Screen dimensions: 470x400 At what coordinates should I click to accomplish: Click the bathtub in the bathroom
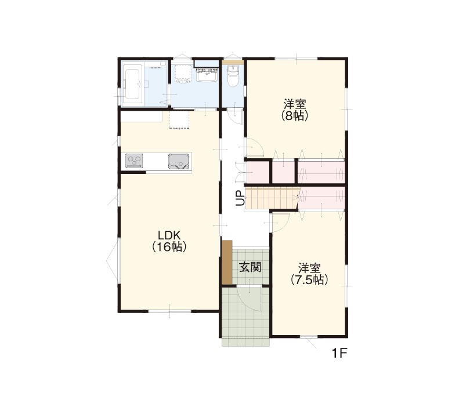pyautogui.click(x=132, y=84)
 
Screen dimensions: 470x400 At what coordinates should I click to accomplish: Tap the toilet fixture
pyautogui.click(x=233, y=77)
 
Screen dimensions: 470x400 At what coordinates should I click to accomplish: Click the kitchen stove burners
pyautogui.click(x=134, y=161)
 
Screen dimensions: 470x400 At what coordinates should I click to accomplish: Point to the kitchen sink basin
pyautogui.click(x=179, y=161)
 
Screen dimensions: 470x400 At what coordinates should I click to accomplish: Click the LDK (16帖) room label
pyautogui.click(x=169, y=241)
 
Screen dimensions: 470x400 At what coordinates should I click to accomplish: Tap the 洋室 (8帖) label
pyautogui.click(x=295, y=110)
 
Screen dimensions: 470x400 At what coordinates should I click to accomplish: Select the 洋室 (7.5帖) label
pyautogui.click(x=309, y=274)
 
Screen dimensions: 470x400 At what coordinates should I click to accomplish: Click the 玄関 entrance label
pyautogui.click(x=250, y=267)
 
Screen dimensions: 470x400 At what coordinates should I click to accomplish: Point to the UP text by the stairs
pyautogui.click(x=240, y=198)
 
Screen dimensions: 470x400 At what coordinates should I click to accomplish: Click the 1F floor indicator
pyautogui.click(x=339, y=353)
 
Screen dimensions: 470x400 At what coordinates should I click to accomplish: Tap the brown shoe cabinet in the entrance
pyautogui.click(x=227, y=262)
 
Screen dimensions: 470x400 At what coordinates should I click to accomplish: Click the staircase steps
pyautogui.click(x=272, y=198)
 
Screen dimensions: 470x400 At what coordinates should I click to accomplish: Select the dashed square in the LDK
pyautogui.click(x=179, y=121)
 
